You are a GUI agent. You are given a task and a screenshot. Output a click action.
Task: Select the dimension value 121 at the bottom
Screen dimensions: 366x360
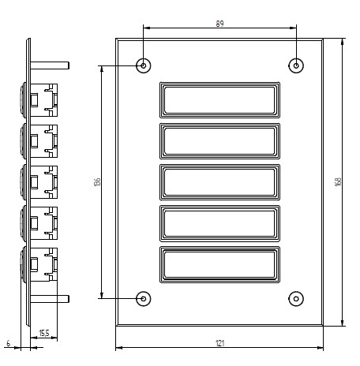coord(220,342)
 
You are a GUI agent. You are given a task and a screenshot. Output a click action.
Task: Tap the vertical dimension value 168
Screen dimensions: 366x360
coord(338,181)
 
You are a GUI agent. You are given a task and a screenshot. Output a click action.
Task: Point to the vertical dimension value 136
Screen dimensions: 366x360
coord(96,181)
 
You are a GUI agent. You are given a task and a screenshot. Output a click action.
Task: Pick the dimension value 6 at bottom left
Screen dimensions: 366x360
coord(8,343)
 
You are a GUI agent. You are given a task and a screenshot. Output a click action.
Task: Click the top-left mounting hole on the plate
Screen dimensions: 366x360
coord(143,65)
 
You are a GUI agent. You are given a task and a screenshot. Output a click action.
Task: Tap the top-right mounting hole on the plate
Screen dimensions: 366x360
coord(296,65)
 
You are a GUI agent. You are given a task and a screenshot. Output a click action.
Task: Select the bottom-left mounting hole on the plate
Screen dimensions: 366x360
coord(143,298)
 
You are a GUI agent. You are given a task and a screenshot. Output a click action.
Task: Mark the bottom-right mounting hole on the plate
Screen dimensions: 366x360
coord(296,298)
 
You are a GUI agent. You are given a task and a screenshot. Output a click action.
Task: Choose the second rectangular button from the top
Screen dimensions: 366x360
coord(219,140)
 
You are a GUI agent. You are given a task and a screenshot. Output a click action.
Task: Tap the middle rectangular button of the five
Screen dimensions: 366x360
coord(219,181)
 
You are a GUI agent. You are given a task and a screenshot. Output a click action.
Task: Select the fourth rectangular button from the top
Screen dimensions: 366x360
coord(219,223)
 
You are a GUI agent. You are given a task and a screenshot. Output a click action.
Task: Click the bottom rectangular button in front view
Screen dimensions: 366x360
coord(219,264)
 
